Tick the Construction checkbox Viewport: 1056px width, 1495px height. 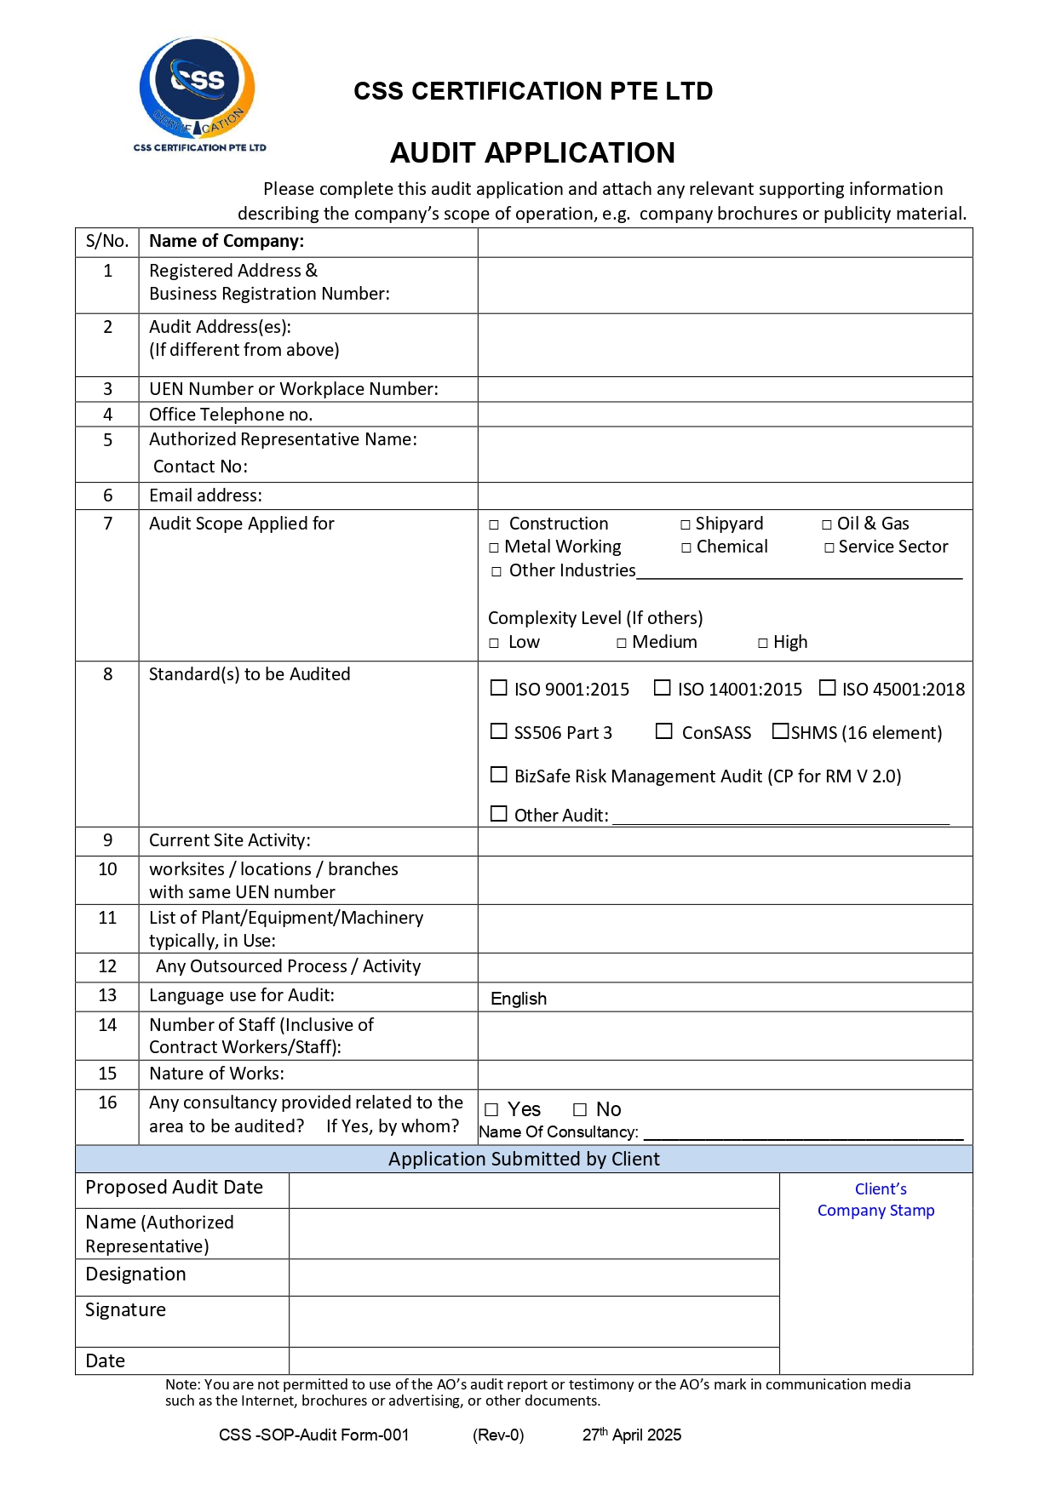pos(494,525)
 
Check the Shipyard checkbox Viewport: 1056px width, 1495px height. pos(686,525)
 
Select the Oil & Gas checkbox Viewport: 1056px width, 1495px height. pos(827,525)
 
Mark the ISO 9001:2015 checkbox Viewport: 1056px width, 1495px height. pos(499,688)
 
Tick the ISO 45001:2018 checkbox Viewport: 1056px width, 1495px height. pos(827,688)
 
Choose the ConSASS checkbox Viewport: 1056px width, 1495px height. pos(664,731)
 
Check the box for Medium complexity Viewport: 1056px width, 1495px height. pos(622,644)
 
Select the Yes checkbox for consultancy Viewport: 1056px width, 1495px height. pos(491,1110)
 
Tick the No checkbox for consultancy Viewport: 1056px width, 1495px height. pos(580,1110)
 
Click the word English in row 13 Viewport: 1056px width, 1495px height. pos(519,999)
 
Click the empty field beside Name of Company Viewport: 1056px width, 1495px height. pos(724,243)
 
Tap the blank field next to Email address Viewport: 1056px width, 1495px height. pos(724,495)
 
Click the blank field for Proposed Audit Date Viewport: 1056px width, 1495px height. pos(534,1190)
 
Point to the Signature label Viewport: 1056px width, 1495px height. pos(126,1310)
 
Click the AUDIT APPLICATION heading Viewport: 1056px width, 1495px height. pos(532,153)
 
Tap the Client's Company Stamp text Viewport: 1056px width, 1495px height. pos(876,1200)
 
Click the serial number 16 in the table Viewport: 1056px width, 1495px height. pos(107,1103)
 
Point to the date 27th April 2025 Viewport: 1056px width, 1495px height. pos(632,1435)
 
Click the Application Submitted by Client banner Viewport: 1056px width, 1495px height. pos(524,1160)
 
